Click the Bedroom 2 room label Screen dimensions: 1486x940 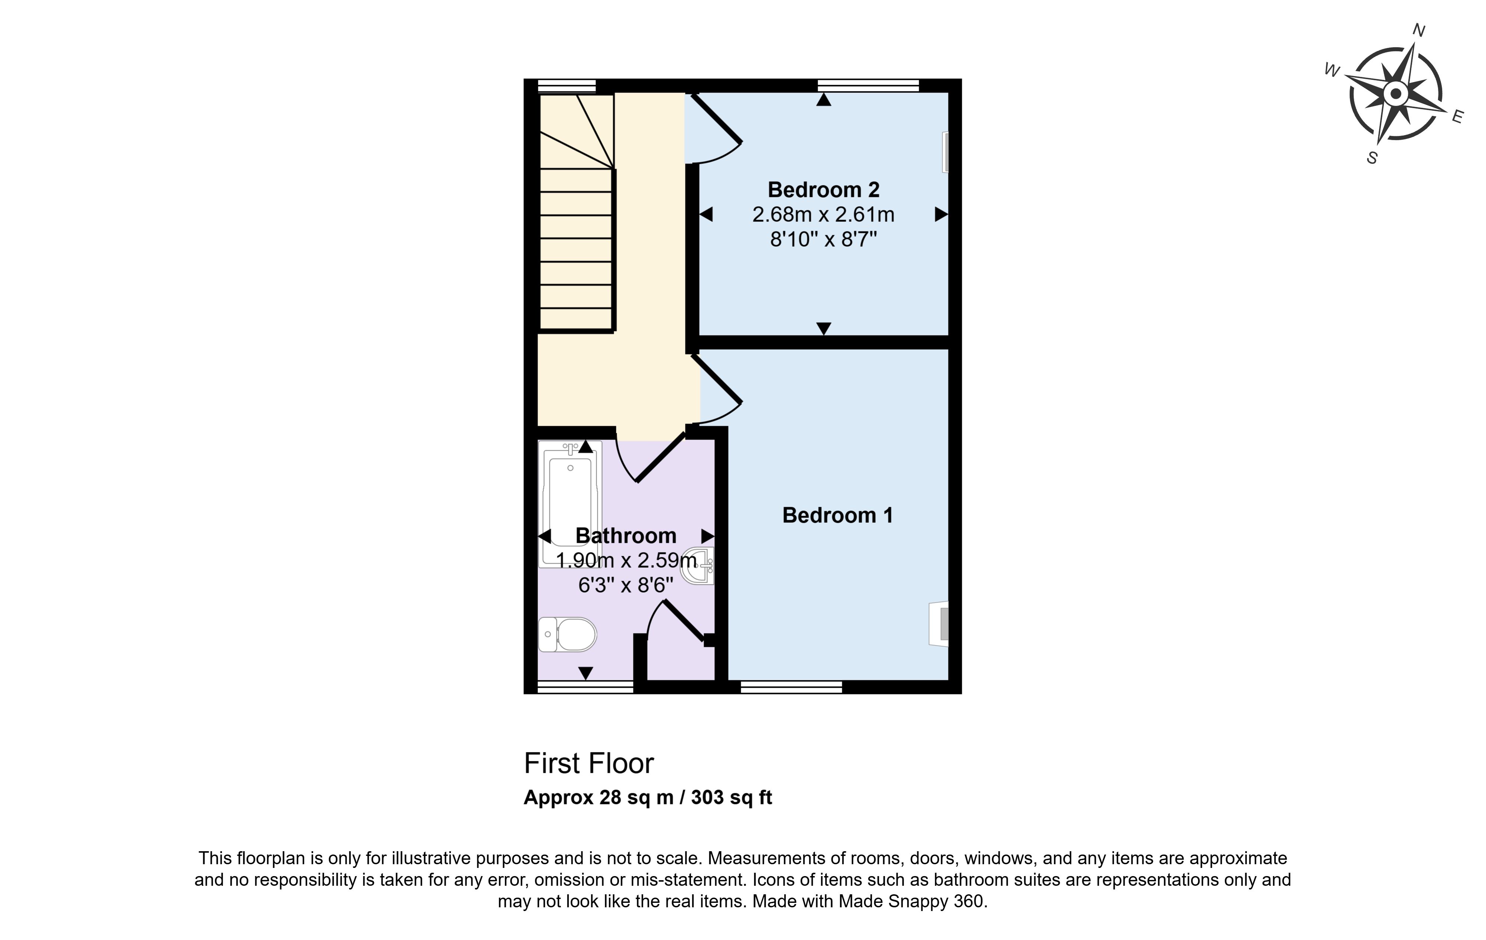(823, 189)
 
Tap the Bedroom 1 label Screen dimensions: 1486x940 (837, 515)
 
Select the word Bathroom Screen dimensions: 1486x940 (626, 536)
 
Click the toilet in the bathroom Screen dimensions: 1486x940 (567, 635)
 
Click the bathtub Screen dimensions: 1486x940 (570, 504)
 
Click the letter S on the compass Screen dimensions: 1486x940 (1372, 158)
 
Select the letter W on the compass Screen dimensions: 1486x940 (1332, 70)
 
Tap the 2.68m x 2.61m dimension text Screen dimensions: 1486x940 (823, 215)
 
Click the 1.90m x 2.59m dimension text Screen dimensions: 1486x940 (626, 560)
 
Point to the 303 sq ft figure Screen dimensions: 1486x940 (731, 797)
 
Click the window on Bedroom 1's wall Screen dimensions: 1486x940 (791, 687)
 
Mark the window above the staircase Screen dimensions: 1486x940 (567, 86)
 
